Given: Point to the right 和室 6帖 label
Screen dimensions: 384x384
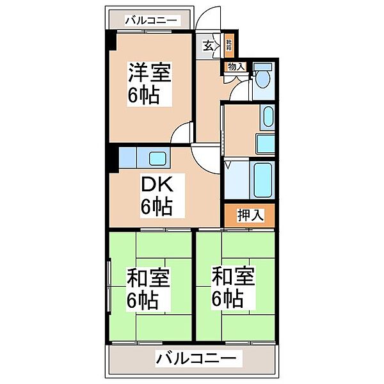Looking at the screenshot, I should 234,288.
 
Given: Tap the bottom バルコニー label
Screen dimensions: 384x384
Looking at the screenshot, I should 196,358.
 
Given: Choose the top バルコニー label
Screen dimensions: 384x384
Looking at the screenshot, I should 151,20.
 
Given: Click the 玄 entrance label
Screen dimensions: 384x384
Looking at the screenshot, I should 209,45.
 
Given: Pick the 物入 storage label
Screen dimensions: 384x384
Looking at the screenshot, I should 236,66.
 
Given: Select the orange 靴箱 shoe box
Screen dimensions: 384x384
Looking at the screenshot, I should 229,46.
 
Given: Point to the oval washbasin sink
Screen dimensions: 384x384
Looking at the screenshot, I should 268,116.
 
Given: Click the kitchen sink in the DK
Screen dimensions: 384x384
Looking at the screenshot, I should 157,157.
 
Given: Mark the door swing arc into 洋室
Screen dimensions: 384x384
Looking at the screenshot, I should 184,132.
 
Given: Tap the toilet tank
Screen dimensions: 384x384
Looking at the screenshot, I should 262,67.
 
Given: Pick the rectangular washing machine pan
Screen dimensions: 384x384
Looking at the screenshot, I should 265,143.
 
